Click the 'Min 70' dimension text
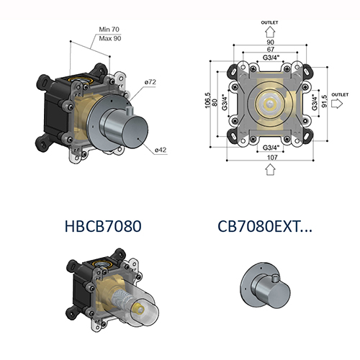tap(110, 30)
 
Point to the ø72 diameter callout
tap(150, 83)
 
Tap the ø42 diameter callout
tap(161, 149)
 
